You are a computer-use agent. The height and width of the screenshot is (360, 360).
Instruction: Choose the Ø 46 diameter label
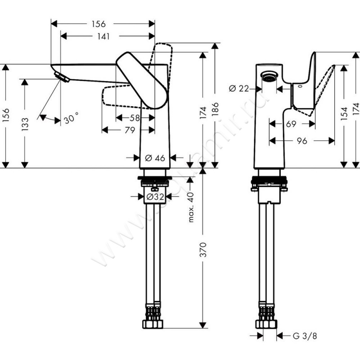(x=154, y=158)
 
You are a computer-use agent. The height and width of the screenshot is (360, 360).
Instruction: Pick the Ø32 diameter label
(x=154, y=197)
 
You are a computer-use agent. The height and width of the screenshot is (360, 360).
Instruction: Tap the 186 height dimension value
(x=216, y=110)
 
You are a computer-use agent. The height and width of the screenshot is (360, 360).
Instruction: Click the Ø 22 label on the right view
(x=238, y=89)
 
